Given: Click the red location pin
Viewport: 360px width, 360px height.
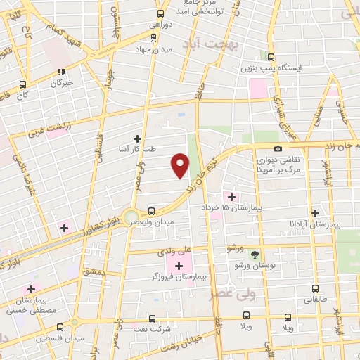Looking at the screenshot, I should coord(180,165).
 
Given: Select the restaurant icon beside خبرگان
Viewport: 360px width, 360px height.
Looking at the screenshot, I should coord(62,71).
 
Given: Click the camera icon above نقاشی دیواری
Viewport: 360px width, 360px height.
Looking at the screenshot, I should coord(278,148).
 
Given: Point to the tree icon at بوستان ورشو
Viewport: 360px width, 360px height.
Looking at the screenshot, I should coord(255,254).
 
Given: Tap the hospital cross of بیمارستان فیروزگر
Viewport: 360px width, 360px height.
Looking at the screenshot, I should coord(179,266).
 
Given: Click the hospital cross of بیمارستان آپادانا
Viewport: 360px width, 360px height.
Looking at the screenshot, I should coord(316,213).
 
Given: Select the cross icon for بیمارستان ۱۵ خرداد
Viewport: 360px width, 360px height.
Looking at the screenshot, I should coord(231,177).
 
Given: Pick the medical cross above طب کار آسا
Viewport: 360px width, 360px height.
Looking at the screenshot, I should coord(137,139).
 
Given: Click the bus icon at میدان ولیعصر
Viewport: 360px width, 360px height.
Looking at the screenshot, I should coord(151,210).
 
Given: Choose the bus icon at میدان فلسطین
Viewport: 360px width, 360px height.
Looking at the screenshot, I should coord(60,327).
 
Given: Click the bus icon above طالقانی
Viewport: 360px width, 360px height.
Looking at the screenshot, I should coord(314,288).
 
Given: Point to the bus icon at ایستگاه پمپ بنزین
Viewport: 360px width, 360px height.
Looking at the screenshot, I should coord(271,58).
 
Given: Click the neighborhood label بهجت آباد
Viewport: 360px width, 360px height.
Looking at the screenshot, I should coord(238,44).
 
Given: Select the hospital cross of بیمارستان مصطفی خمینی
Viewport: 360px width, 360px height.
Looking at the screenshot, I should coord(31,289).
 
